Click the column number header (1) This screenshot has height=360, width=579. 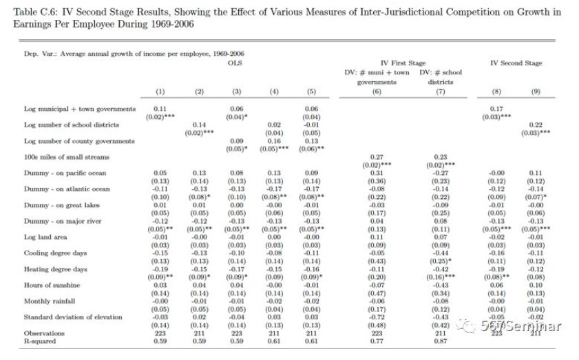pos(160,92)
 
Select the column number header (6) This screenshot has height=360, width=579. pos(377,92)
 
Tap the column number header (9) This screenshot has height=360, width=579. pos(536,92)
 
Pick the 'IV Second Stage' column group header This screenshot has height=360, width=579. pos(516,63)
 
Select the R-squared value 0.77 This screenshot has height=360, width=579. pos(377,340)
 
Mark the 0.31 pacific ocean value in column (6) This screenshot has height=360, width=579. pos(377,173)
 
